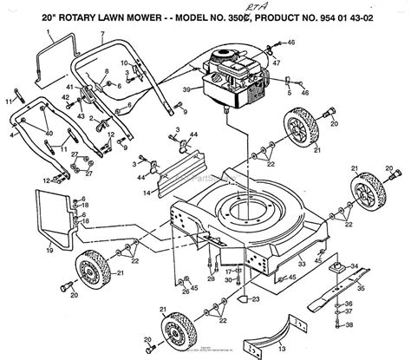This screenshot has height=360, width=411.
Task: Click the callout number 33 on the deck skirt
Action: (x=302, y=263)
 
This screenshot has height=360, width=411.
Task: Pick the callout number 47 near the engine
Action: (x=277, y=63)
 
